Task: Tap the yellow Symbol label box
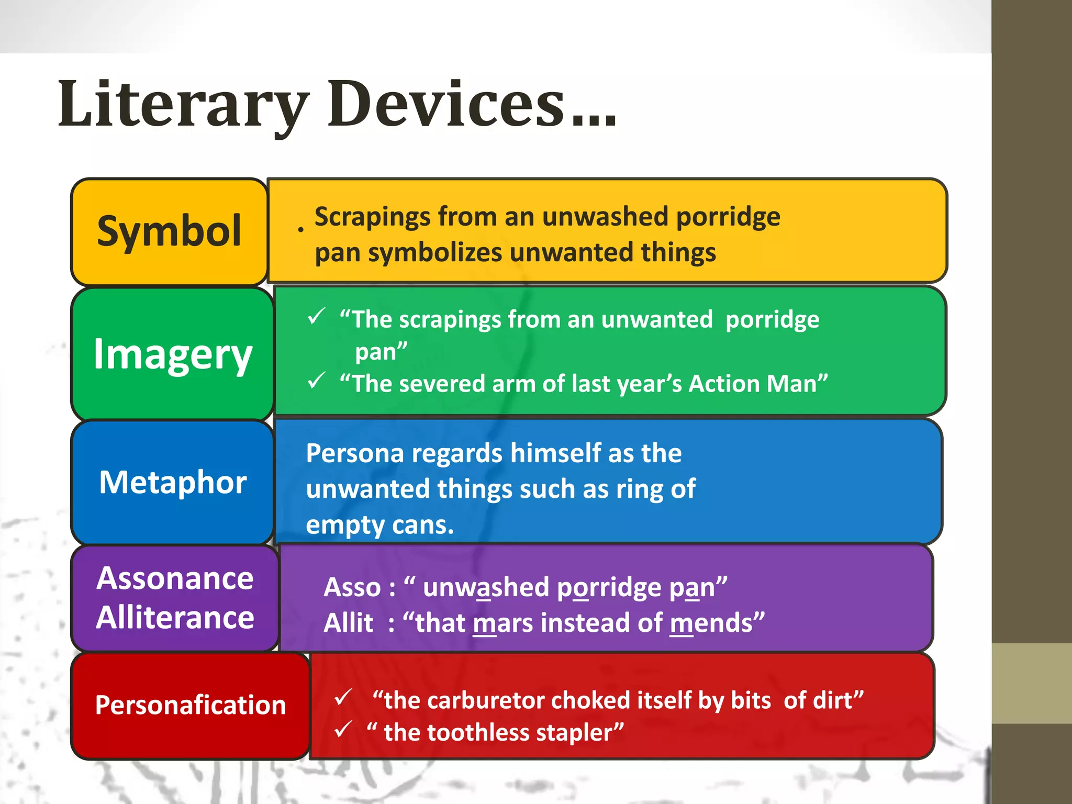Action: point(169,231)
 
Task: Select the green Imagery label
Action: point(173,354)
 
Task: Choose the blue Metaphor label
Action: point(173,482)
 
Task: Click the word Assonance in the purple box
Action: point(175,578)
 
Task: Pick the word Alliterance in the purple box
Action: point(175,618)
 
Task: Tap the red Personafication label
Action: point(191,705)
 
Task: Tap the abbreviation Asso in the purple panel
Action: point(352,588)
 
